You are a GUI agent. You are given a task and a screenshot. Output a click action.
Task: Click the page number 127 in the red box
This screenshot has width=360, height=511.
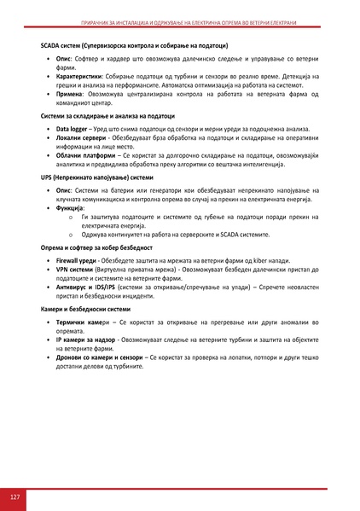point(15,496)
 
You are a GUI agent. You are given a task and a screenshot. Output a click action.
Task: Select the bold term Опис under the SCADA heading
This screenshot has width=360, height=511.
point(64,59)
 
